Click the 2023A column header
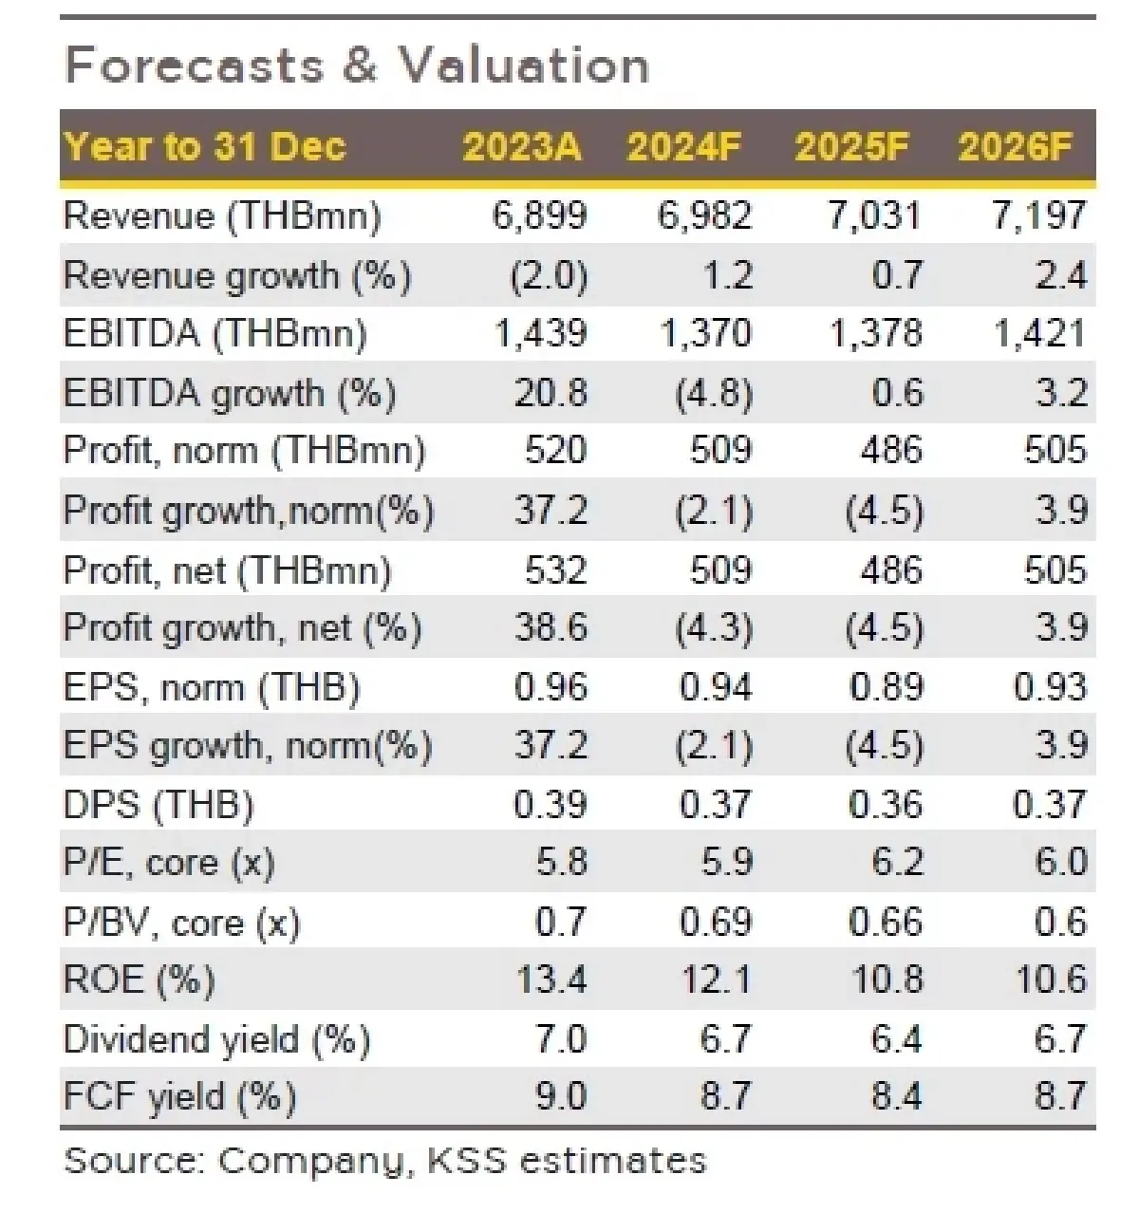tap(521, 147)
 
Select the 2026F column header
tap(1015, 147)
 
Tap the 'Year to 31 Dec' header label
tap(205, 147)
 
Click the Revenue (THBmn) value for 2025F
tap(874, 215)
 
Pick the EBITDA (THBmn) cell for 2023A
tap(541, 333)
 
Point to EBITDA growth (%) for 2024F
tap(714, 393)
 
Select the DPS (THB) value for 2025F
tap(886, 804)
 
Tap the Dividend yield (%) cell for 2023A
tap(561, 1038)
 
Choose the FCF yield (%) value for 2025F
tap(896, 1096)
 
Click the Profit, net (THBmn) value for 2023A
tap(555, 569)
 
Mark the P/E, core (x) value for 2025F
tap(897, 862)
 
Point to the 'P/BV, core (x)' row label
tap(181, 922)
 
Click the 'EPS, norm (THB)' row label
tap(212, 686)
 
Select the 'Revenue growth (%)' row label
tap(237, 275)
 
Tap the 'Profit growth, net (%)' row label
tap(242, 627)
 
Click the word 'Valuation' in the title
tap(523, 66)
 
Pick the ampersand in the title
tap(360, 66)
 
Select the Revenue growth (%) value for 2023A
tap(549, 275)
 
